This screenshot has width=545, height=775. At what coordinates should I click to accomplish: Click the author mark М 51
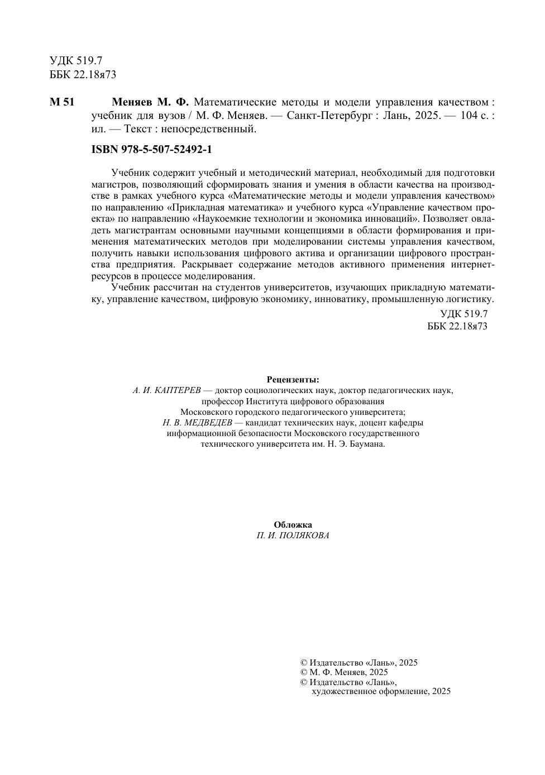pos(61,102)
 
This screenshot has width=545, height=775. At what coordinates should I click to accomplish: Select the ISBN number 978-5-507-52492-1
pos(151,150)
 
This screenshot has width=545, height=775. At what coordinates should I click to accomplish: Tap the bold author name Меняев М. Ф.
pos(151,102)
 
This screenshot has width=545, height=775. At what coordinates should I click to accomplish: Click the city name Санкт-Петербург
pos(330,116)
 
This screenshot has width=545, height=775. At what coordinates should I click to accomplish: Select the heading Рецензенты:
pos(293,380)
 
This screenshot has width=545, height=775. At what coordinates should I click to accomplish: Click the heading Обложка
pos(293,525)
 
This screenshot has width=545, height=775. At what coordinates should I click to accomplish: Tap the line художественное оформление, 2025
pos(381,691)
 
